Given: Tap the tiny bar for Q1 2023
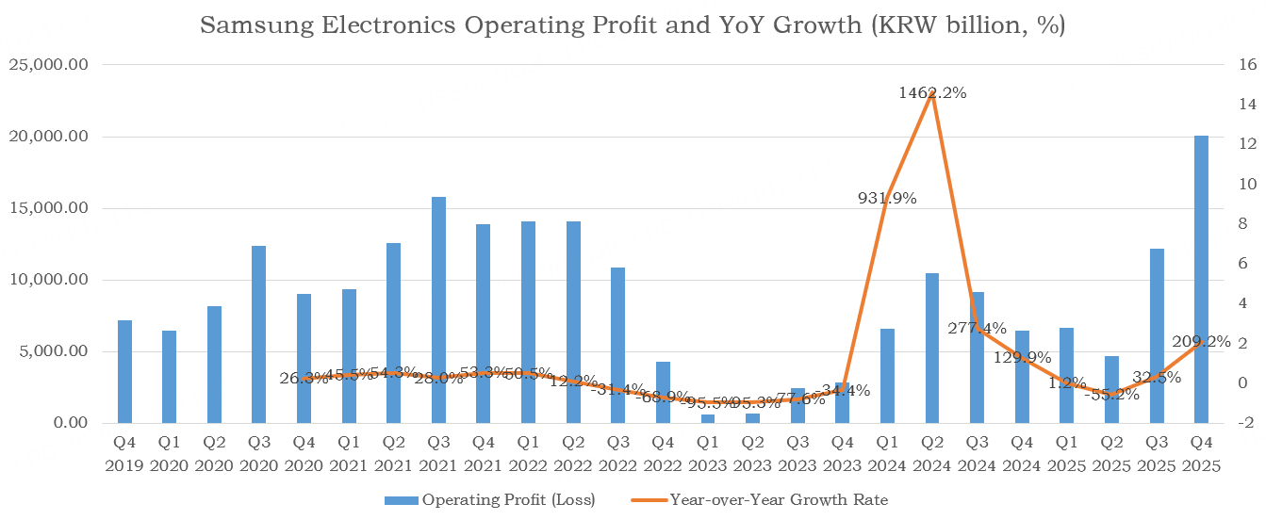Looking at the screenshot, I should coord(708,418).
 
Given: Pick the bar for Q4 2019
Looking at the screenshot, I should coord(124,371).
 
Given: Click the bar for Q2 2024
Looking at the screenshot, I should coord(932,348).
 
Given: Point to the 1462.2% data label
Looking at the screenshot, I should coord(932,92).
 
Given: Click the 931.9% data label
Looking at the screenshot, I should coord(887,198).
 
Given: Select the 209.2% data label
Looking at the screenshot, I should coord(1201,342).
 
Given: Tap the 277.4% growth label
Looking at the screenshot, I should coord(977,328).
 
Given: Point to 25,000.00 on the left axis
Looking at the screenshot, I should coord(48,65).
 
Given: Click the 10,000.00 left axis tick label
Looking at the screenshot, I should coord(48,280).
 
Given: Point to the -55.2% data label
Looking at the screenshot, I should coord(1111,395).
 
